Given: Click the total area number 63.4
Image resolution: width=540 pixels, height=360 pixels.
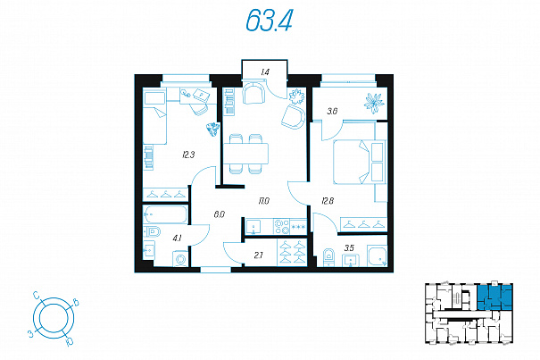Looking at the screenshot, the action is (269, 20).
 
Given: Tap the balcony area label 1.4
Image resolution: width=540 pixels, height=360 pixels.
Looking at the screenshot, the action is (265, 72).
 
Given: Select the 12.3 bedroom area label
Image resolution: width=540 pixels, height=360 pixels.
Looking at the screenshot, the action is (188, 155).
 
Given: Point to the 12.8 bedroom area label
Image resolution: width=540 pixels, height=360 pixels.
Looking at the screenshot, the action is (328, 201).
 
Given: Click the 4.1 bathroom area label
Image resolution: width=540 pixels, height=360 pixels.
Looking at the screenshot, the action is (177, 238).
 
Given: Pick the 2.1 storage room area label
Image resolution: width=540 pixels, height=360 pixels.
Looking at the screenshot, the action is (258, 255).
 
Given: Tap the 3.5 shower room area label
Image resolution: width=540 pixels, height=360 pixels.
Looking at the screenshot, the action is (349, 247).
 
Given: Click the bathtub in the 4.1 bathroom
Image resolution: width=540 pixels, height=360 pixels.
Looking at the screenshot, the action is (165, 214).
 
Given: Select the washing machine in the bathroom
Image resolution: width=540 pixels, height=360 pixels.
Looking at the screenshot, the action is (180, 259).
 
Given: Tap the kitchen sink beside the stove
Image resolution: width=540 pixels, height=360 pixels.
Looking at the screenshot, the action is (253, 227).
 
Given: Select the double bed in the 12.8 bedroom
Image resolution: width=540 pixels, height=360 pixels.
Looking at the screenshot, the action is (359, 162).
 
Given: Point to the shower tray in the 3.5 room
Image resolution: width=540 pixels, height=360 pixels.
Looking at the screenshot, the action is (378, 255).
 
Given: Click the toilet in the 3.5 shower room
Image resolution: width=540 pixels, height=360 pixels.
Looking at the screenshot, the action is (328, 256).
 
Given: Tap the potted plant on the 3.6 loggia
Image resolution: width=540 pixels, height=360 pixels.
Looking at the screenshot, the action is (374, 103).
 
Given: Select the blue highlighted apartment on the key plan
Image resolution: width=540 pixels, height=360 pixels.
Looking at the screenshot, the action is (494, 297).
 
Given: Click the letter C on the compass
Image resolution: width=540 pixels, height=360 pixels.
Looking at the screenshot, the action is (37, 295).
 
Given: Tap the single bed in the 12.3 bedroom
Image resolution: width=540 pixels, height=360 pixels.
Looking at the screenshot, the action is (154, 117).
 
